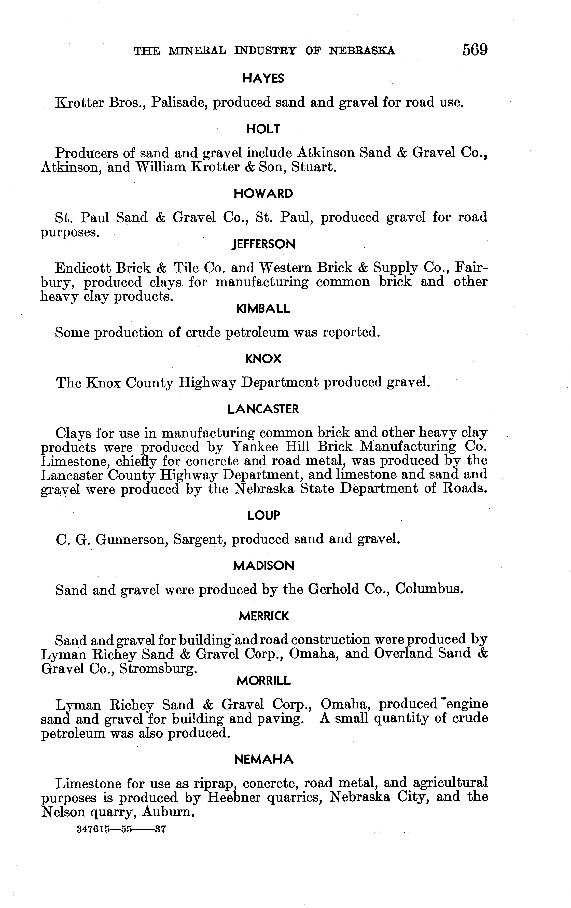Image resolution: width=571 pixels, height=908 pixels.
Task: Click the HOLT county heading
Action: click(263, 129)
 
